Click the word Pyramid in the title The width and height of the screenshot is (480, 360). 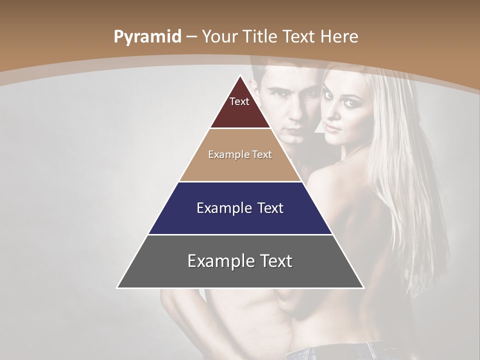click(x=147, y=37)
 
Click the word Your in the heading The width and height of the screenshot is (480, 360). click(x=220, y=37)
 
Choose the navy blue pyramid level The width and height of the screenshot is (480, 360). click(x=240, y=220)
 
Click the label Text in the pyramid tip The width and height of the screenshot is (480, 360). click(x=239, y=101)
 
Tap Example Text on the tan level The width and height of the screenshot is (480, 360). click(x=240, y=154)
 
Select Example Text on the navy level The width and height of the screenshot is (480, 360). click(x=240, y=208)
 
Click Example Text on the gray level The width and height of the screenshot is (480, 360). click(x=240, y=261)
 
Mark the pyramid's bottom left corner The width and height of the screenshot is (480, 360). click(x=117, y=287)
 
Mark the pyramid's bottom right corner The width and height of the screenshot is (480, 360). click(x=363, y=287)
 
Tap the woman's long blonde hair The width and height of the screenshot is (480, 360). click(x=400, y=175)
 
